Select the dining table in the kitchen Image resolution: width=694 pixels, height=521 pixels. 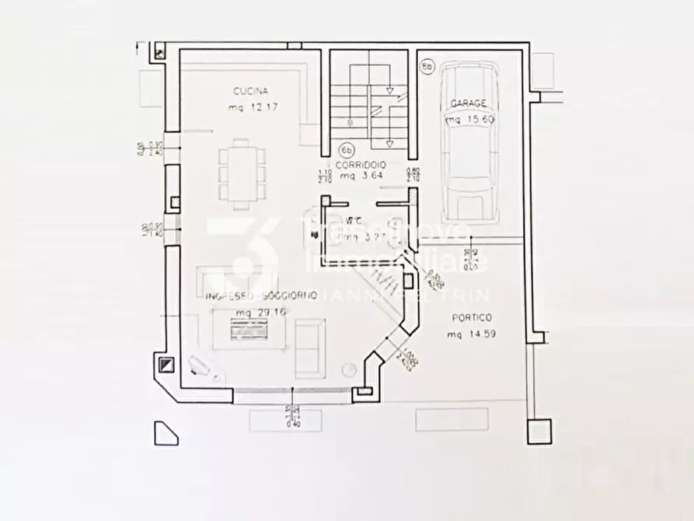(x=242, y=173)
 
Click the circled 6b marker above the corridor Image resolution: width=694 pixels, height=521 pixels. (x=347, y=149)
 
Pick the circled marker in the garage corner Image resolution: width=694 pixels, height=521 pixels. (x=427, y=67)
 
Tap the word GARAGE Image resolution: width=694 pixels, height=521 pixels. (x=467, y=103)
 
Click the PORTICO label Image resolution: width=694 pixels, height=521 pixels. (x=471, y=317)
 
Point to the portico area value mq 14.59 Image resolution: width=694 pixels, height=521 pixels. (x=471, y=334)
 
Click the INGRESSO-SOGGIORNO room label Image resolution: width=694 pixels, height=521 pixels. (x=260, y=296)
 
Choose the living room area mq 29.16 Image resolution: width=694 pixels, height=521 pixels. (x=244, y=313)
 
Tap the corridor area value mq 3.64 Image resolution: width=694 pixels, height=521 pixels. (x=359, y=177)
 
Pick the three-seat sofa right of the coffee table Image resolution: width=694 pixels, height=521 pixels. (x=309, y=347)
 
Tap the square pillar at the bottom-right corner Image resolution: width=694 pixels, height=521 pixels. (x=539, y=431)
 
